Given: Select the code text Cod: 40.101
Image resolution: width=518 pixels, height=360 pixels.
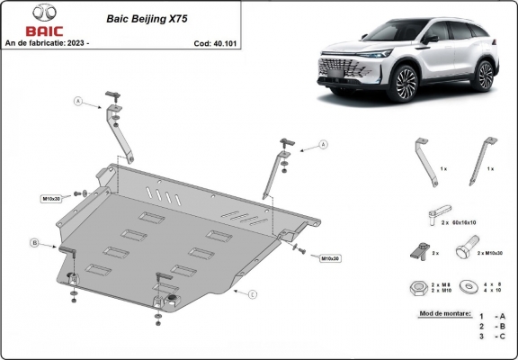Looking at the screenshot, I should pos(215,42).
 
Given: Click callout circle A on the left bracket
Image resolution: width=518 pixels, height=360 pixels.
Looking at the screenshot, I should pos(78,102).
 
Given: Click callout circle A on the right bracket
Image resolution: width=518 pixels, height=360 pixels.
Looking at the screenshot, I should pos(321,144).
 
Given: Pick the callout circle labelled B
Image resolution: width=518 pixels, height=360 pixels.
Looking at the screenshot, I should pos(34,242).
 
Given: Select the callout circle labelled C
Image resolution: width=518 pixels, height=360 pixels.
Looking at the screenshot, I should pos(254,294).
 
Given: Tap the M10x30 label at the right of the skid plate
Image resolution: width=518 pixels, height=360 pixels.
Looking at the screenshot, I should pos(329,258).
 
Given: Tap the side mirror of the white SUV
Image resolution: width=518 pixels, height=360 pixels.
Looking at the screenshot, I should pos(432,40).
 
